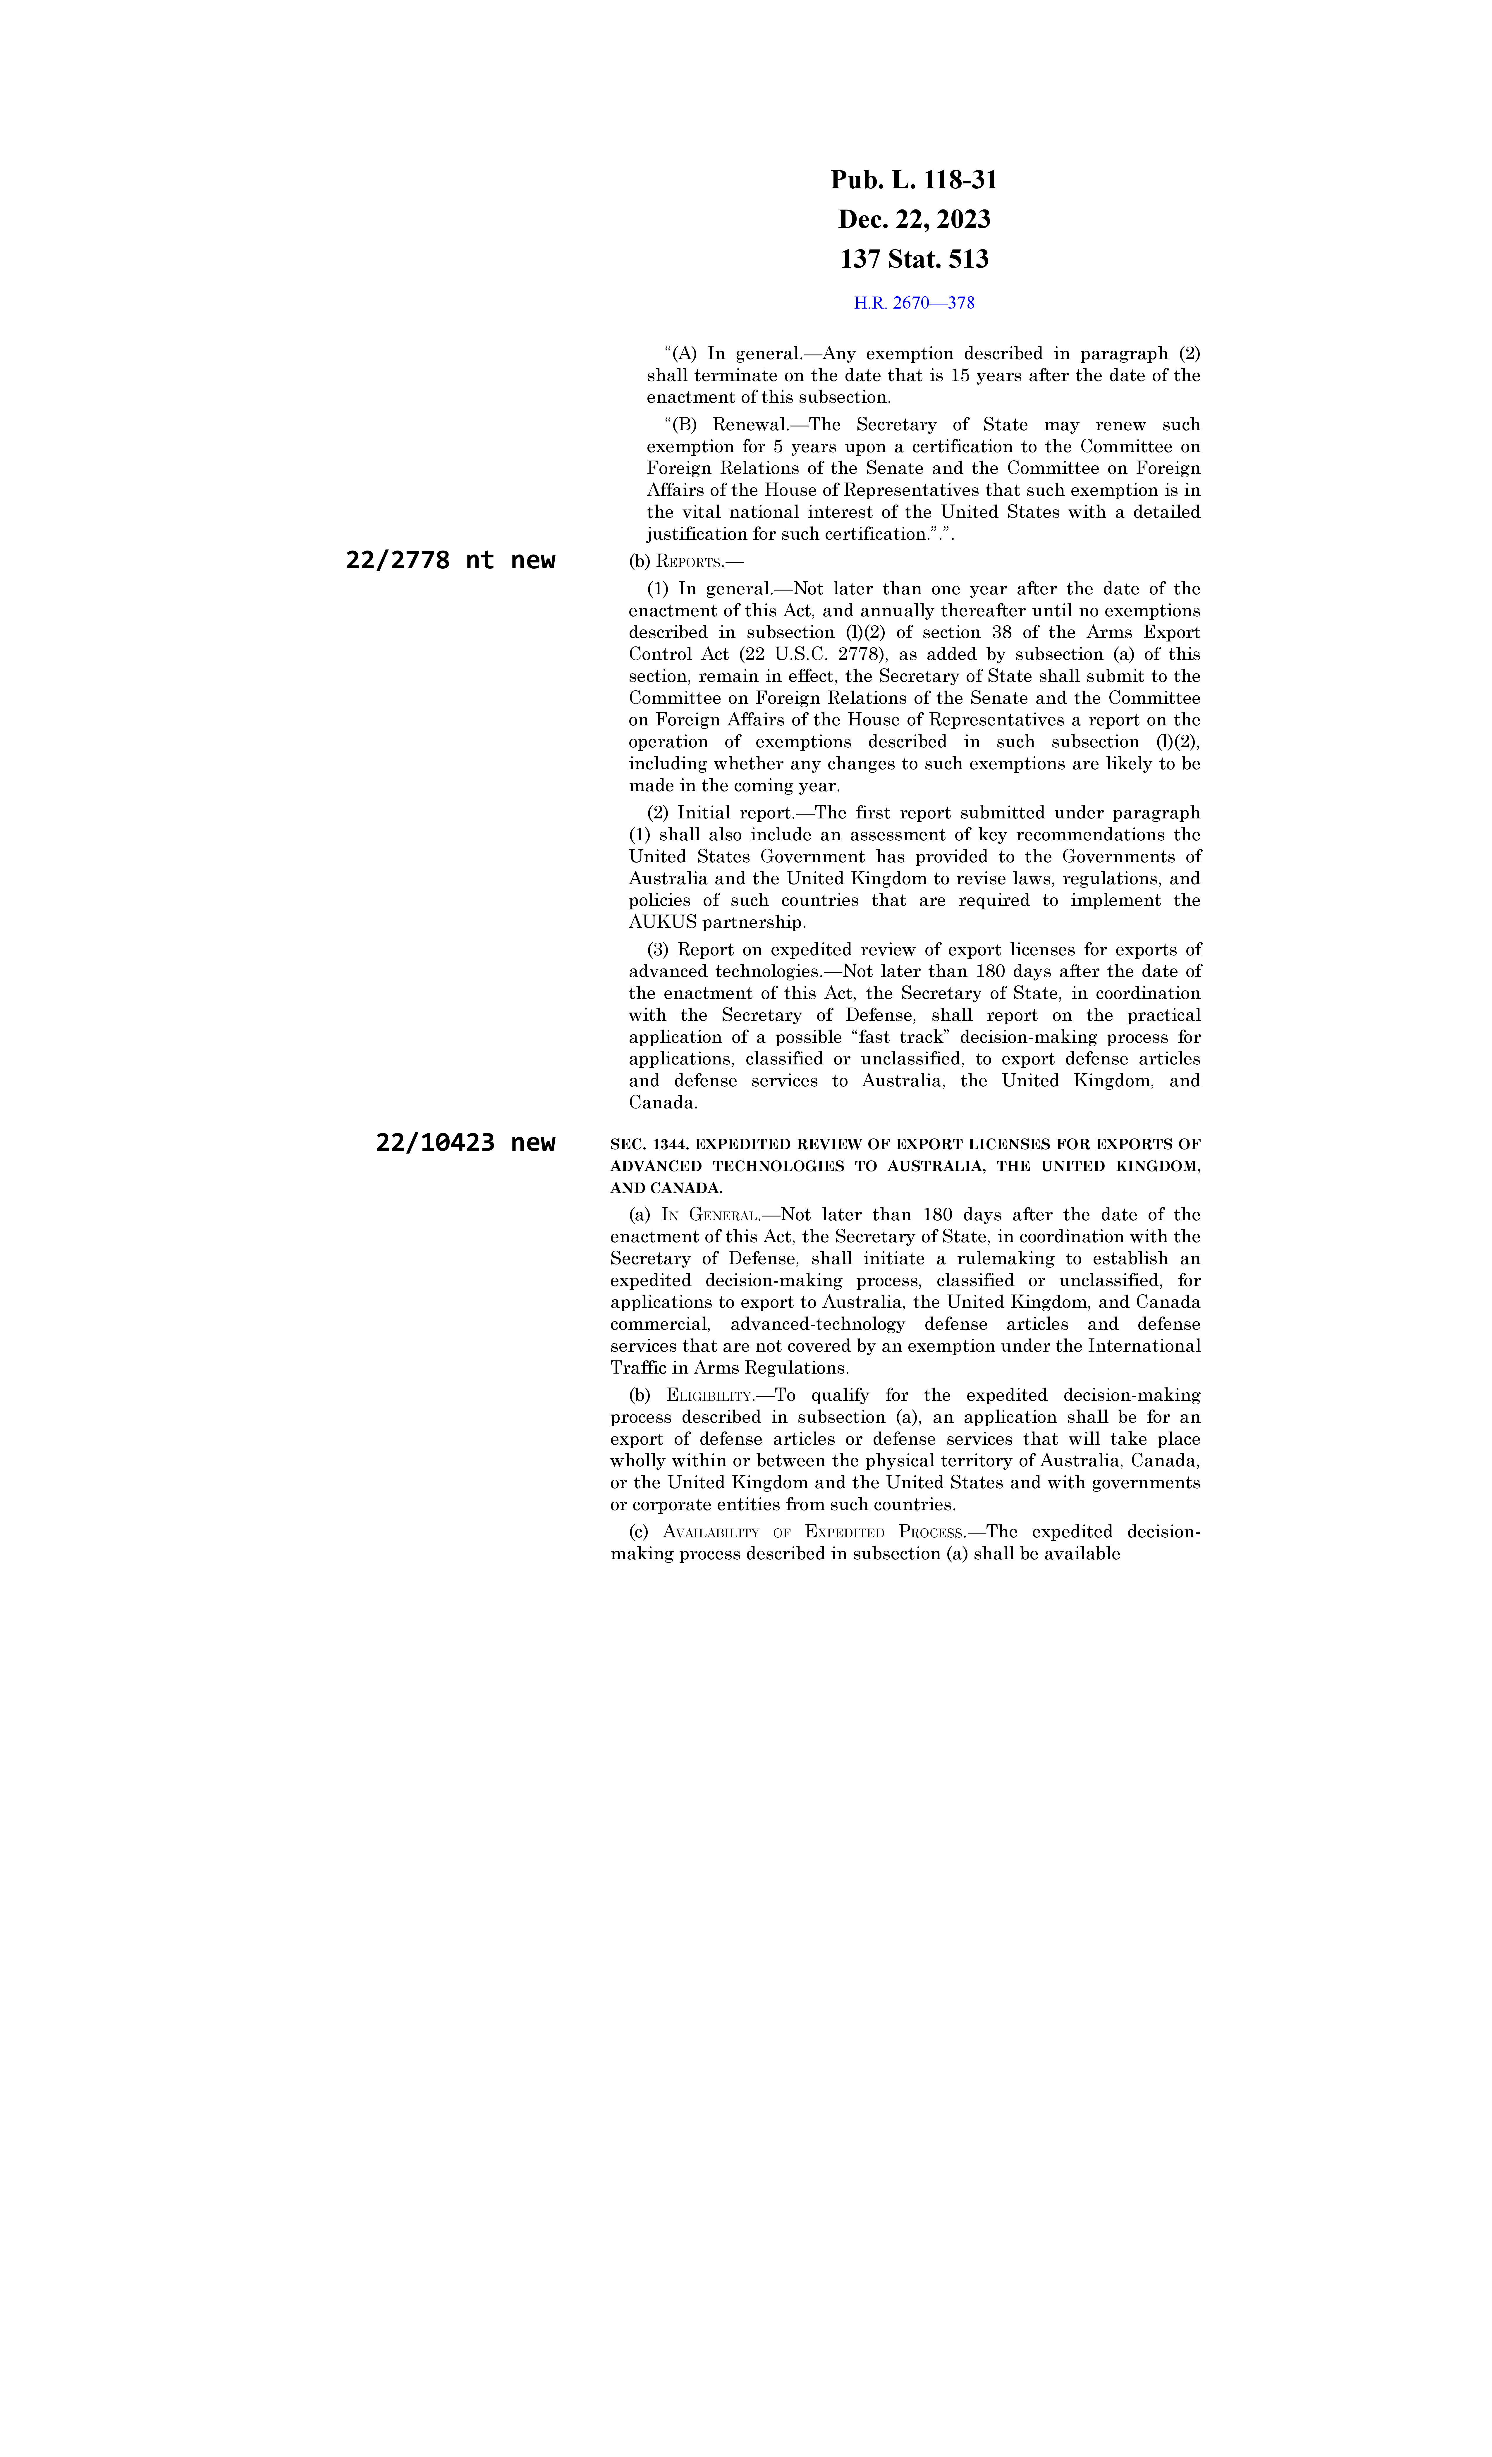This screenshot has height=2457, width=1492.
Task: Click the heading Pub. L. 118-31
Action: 914,180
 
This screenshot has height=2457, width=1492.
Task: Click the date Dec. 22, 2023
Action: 914,219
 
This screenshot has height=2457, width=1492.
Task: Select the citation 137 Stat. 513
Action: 914,259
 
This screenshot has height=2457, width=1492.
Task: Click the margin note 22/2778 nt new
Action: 450,560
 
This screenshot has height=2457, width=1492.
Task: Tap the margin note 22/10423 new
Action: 465,1143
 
